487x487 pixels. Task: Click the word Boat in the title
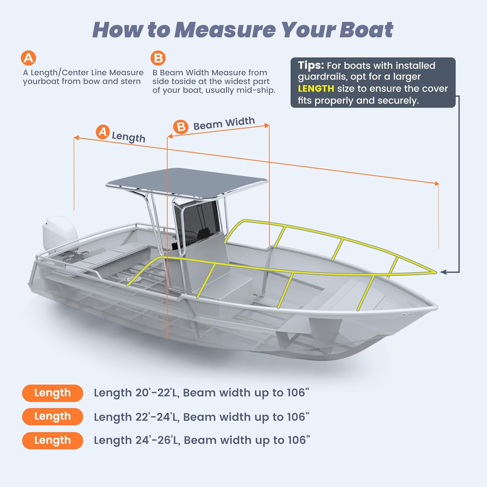click(366, 30)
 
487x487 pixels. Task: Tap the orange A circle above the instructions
click(29, 58)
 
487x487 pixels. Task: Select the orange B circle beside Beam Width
click(181, 127)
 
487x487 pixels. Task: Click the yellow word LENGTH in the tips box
click(316, 89)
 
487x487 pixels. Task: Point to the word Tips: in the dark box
click(311, 66)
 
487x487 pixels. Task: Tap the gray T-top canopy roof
click(187, 184)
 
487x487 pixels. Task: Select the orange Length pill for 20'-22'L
click(53, 393)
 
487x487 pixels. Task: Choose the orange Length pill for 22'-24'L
click(53, 417)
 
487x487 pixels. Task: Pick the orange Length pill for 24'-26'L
click(53, 441)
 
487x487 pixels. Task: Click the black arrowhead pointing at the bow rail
click(444, 272)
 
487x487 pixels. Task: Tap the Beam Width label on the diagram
click(224, 123)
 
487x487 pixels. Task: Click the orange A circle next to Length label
click(103, 132)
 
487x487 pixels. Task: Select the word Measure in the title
click(225, 30)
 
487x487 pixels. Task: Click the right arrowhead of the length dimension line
click(437, 183)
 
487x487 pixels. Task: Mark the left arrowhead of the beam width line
click(170, 137)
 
